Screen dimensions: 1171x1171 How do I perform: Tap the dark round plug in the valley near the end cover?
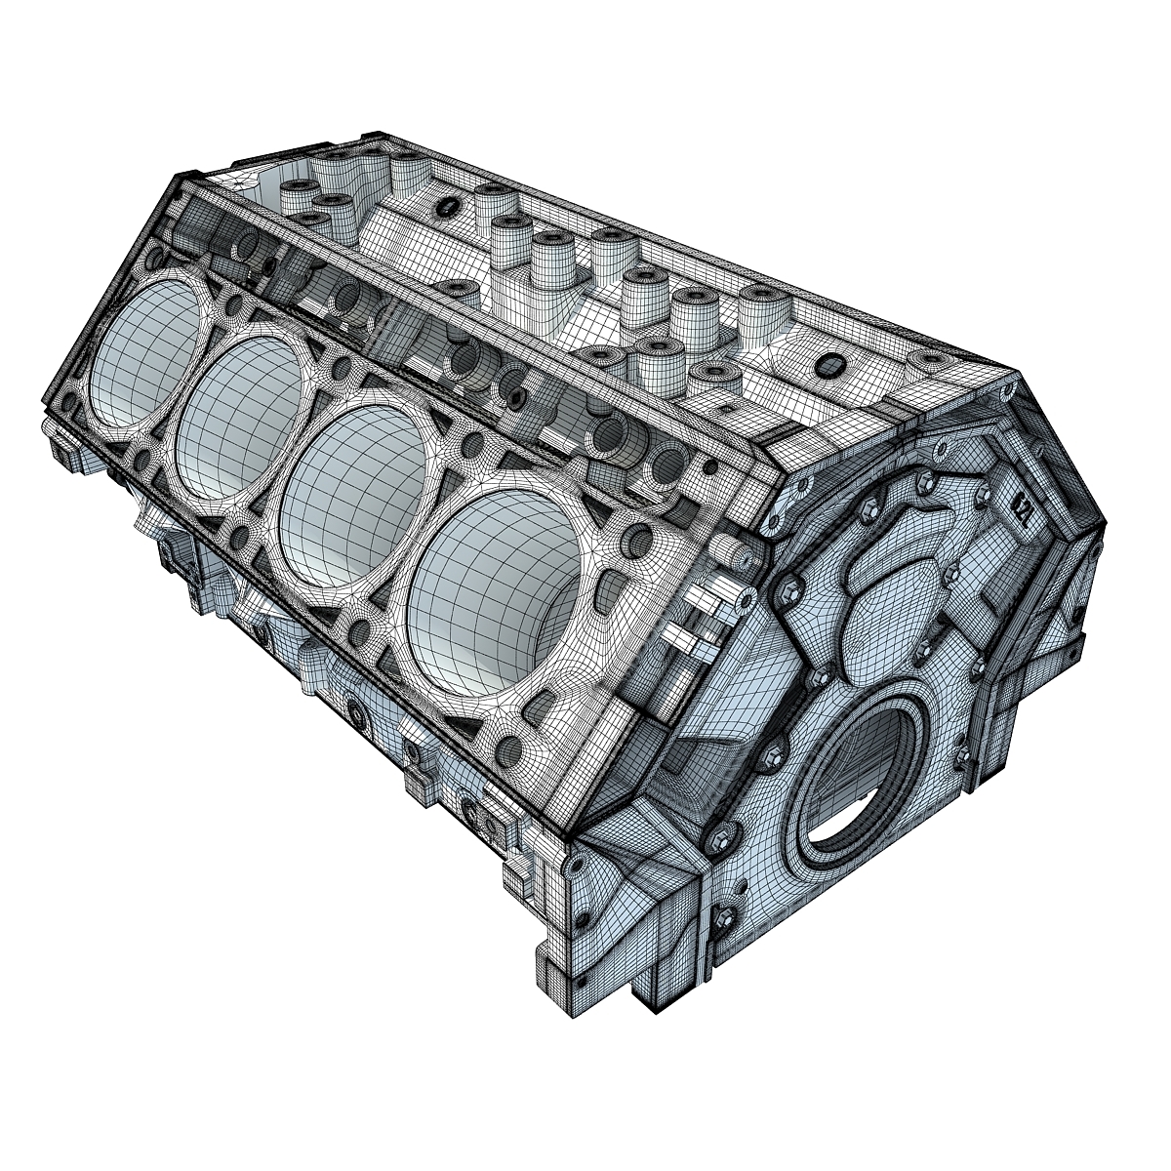(x=830, y=365)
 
